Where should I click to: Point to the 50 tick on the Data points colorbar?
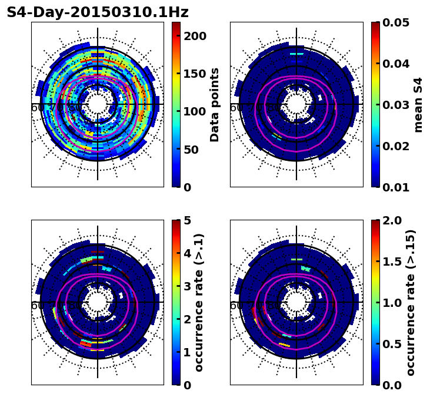[x=192, y=150]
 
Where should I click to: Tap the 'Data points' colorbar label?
[x=215, y=104]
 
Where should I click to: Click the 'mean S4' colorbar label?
[x=418, y=104]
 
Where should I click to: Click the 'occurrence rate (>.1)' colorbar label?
[x=199, y=302]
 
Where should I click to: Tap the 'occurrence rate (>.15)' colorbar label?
[x=411, y=302]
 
